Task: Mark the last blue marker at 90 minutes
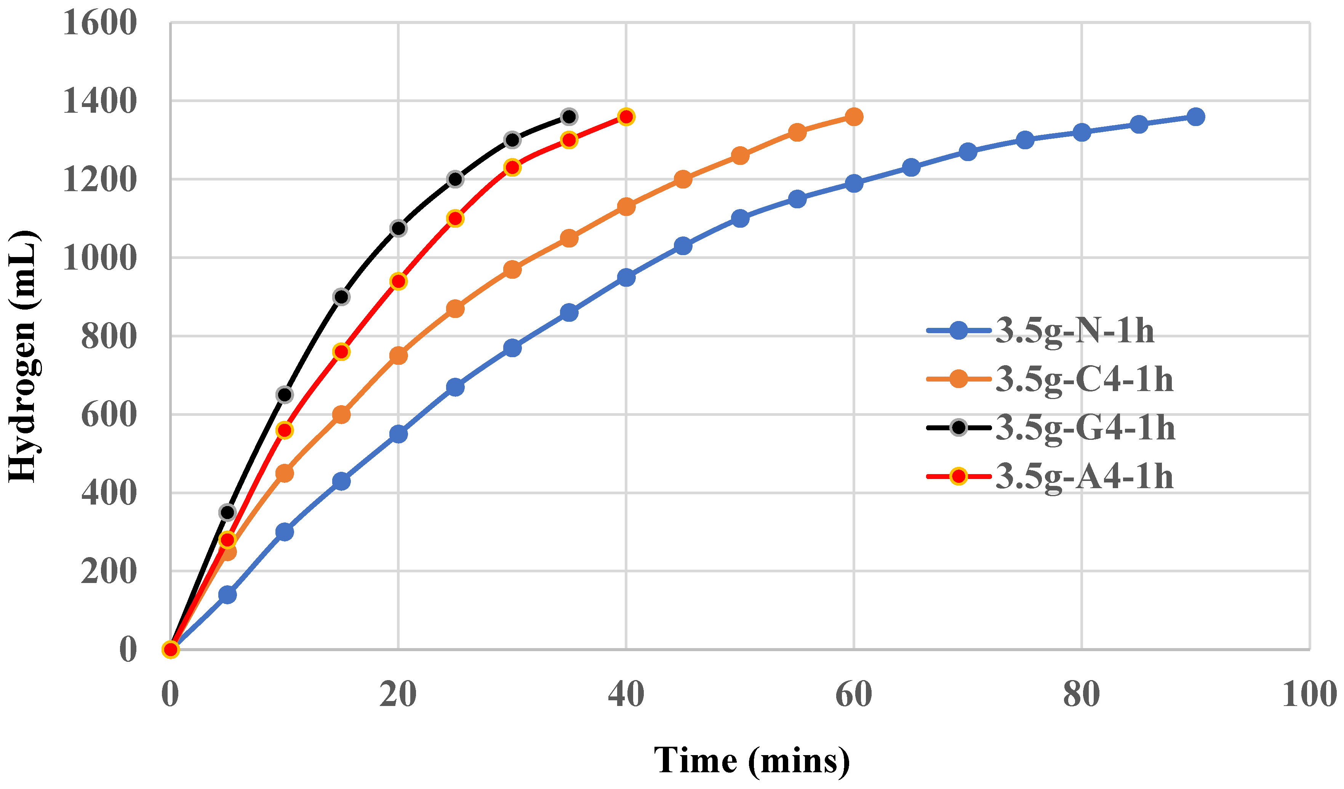click(1196, 117)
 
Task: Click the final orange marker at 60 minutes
click(854, 117)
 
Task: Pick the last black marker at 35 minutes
click(569, 117)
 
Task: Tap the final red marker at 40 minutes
click(626, 117)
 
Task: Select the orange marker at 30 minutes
click(512, 269)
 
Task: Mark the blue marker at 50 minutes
click(740, 218)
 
